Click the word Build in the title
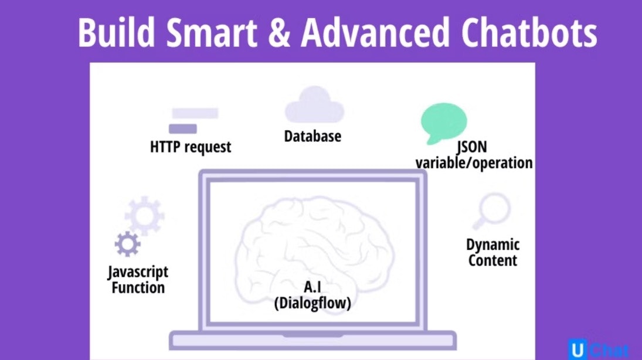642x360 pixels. tap(116, 32)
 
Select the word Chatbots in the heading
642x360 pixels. tap(529, 32)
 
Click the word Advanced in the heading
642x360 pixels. tap(375, 32)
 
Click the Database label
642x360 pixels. tap(312, 137)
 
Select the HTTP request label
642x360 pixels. tap(191, 147)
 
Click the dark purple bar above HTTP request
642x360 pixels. tap(183, 128)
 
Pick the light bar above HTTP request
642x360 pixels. tap(195, 113)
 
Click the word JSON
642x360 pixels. tap(471, 147)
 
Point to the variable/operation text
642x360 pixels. tap(474, 163)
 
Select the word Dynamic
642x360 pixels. tap(493, 245)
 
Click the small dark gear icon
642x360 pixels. tap(128, 244)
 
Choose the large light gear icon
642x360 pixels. tap(145, 216)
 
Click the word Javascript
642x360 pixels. tap(138, 273)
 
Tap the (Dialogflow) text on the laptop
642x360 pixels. tap(312, 303)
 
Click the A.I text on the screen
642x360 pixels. tap(312, 287)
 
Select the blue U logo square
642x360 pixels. tap(578, 349)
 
